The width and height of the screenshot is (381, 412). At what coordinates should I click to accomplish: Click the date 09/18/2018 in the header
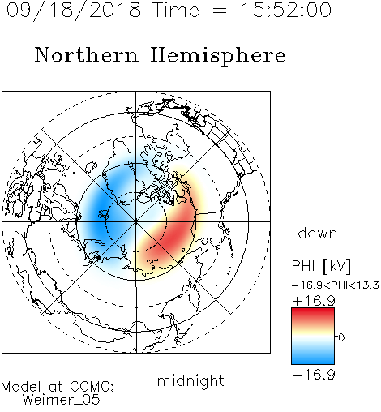pos(74,11)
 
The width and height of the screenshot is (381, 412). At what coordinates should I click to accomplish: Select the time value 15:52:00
pos(286,11)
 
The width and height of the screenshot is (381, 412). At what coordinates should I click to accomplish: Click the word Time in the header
pos(176,11)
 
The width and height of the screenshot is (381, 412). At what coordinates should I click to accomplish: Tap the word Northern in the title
pos(86,55)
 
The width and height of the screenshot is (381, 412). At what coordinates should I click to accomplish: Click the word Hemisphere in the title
pos(218,56)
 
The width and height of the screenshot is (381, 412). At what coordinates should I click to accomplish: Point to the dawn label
pos(318,233)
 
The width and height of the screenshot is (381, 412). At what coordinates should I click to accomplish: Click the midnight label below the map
pos(190,381)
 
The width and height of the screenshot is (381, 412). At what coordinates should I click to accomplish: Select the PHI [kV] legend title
pos(321,266)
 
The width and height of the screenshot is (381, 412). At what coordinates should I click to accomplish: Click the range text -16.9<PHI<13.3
pos(336,285)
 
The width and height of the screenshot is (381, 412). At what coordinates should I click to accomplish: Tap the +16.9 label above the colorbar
pos(314,301)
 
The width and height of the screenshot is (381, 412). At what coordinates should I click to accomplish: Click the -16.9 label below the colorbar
pos(314,375)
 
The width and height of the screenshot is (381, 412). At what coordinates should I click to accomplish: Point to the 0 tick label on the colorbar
pos(341,337)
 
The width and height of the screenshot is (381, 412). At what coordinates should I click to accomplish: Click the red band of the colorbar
pos(313,315)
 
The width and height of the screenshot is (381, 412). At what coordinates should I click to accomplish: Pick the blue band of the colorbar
pos(313,358)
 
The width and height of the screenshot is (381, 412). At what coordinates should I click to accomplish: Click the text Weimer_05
pos(62,400)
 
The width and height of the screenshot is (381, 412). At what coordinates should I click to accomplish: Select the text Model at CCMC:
pos(58,387)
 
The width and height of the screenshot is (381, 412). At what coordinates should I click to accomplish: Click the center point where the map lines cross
pos(136,221)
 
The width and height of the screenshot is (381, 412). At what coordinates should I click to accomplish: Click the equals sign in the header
pos(220,11)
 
